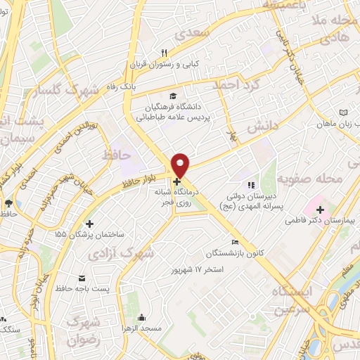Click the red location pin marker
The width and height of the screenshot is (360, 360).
(181, 165)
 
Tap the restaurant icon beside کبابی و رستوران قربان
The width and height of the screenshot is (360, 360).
(164, 52)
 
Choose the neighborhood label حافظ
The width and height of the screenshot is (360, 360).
(117, 154)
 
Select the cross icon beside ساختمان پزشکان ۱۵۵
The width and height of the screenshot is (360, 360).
(89, 224)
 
